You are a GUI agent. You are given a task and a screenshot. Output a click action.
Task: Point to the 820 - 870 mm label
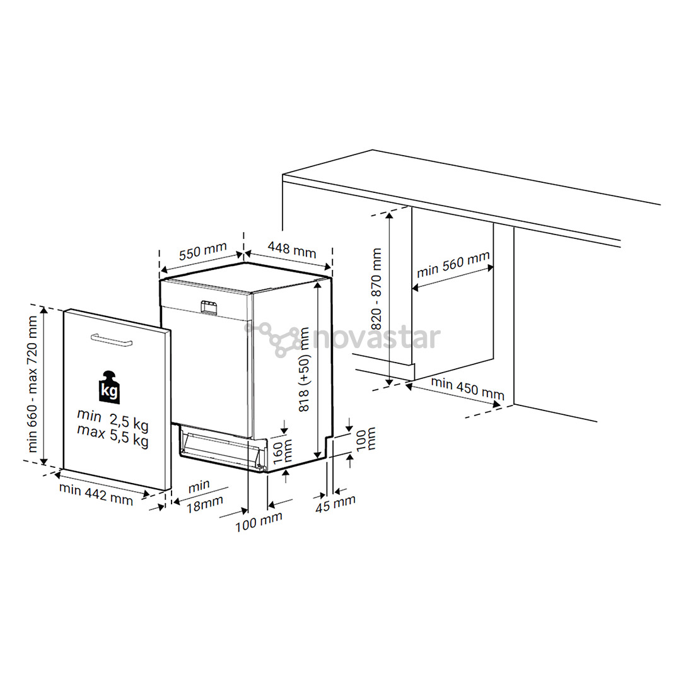[x=376, y=289]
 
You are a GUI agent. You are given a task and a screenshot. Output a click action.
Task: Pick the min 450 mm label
[x=467, y=388]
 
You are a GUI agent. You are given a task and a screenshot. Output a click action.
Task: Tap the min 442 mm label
[x=96, y=494]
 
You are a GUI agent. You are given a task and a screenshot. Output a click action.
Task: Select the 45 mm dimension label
[x=335, y=503]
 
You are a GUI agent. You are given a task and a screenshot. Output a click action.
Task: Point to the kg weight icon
[x=110, y=386]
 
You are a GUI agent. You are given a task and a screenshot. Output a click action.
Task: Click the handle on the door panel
[x=111, y=340]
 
